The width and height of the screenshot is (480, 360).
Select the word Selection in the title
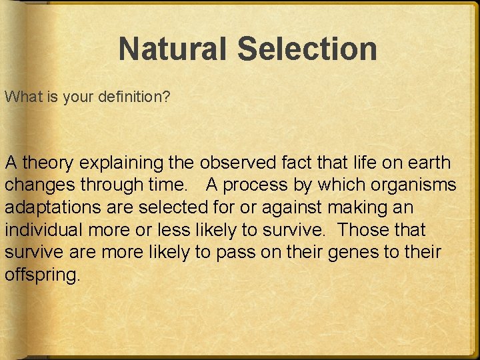click(x=307, y=49)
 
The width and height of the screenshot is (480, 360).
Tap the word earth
click(x=427, y=162)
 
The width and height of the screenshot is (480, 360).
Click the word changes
click(x=37, y=185)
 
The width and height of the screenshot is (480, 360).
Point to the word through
click(x=114, y=185)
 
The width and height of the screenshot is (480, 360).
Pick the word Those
click(x=365, y=230)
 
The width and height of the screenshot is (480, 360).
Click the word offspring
click(x=43, y=275)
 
